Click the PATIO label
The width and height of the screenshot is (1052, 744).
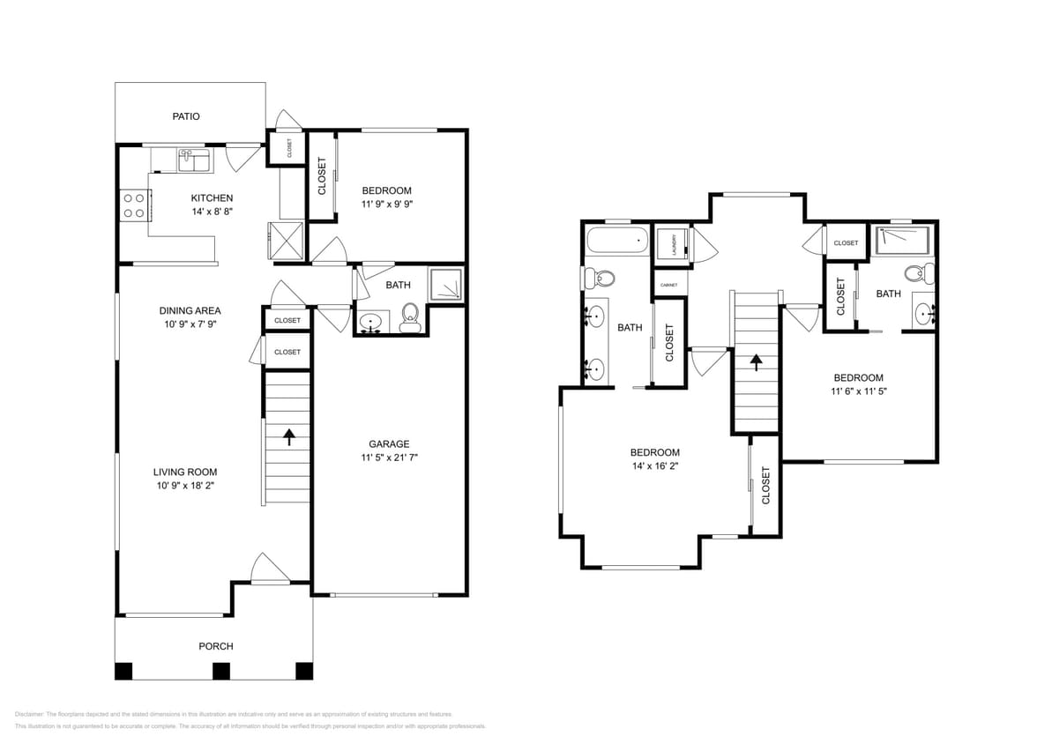pos(185,116)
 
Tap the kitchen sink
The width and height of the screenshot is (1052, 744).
pos(193,160)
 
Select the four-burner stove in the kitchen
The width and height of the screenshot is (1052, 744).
pos(134,206)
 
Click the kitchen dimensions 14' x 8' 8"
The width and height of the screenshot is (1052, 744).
pos(212,212)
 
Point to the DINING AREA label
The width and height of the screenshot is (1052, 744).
pos(190,310)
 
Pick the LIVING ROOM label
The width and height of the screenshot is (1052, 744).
pos(185,472)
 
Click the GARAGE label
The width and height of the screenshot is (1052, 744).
pos(389,443)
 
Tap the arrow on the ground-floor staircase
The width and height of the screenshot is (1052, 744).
pos(288,435)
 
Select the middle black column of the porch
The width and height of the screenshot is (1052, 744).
pos(220,670)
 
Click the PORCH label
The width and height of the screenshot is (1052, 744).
pos(215,646)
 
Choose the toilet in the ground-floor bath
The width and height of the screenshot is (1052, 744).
pos(410,316)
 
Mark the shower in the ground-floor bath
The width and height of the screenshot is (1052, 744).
pos(444,284)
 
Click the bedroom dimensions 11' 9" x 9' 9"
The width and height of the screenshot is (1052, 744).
pos(386,205)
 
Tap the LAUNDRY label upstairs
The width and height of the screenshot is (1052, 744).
pos(674,243)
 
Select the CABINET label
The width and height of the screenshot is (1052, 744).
pos(668,285)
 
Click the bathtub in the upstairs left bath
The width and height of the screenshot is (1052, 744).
pos(616,241)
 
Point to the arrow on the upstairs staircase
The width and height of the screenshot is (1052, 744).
pos(756,361)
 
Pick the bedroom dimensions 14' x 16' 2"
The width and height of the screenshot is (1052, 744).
pos(656,466)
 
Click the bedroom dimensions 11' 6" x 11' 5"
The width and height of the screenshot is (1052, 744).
pos(858,391)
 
